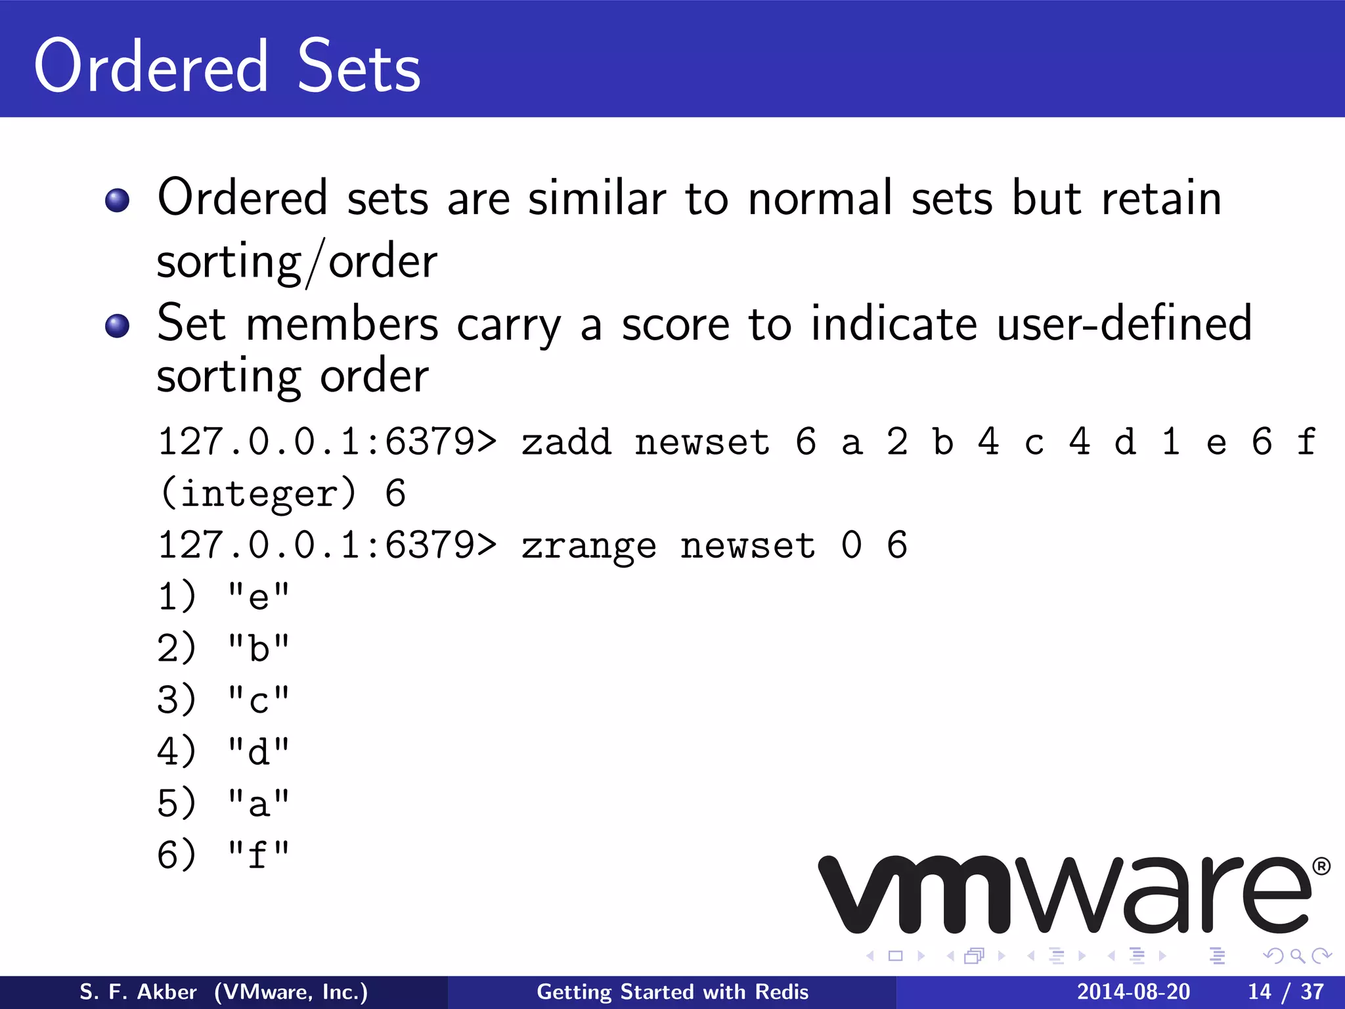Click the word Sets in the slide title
click(359, 67)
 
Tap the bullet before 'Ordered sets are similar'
click(118, 200)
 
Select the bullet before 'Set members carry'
click(118, 325)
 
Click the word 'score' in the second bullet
click(675, 325)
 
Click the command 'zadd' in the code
click(566, 441)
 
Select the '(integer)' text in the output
click(259, 494)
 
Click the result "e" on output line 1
click(258, 597)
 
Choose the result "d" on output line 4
click(258, 752)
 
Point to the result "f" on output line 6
click(258, 855)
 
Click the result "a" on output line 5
click(258, 804)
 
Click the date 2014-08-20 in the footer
click(1133, 992)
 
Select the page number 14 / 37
click(1285, 992)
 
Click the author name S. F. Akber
click(138, 992)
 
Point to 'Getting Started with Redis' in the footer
click(672, 992)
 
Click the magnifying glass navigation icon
click(1297, 956)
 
